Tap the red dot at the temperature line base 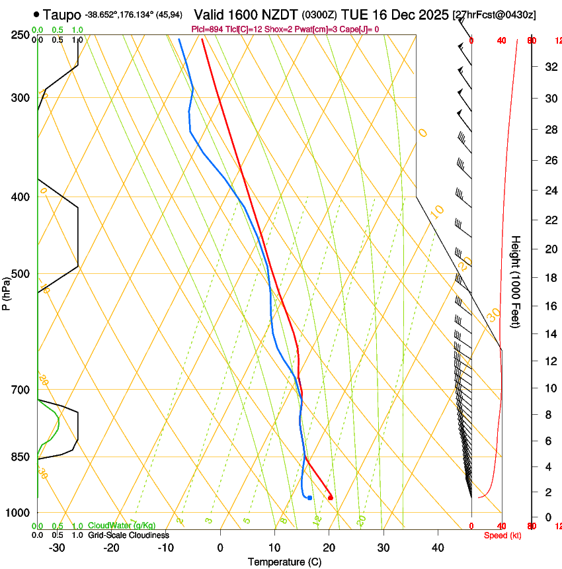[x=331, y=498]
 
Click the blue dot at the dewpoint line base [x=309, y=498]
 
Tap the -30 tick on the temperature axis [x=57, y=547]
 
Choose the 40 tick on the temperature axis [x=438, y=547]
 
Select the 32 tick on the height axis [x=549, y=66]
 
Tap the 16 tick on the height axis [x=549, y=306]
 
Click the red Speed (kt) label [x=502, y=535]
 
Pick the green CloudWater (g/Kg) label [x=122, y=525]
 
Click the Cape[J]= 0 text [x=357, y=29]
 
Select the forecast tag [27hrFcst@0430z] [x=495, y=15]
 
